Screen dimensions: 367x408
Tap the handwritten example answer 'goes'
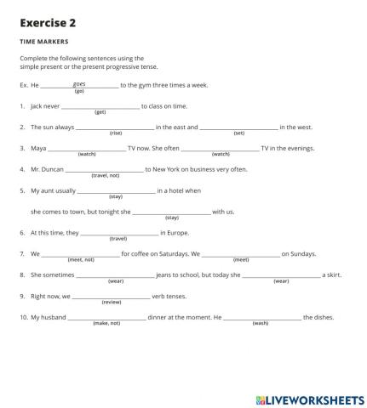click(79, 84)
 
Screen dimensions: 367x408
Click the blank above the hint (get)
click(100, 105)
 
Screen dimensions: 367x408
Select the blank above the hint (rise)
click(115, 127)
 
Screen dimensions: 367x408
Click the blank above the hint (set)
click(238, 127)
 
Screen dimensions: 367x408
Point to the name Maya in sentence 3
click(37, 148)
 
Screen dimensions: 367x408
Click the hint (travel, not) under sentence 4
click(106, 175)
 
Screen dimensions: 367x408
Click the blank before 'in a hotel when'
click(116, 190)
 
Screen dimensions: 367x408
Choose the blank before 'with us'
click(171, 211)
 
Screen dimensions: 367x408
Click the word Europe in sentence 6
click(179, 232)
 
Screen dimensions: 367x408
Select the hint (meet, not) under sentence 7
click(81, 259)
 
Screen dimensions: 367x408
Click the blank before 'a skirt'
click(282, 275)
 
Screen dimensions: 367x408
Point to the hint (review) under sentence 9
click(112, 302)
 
